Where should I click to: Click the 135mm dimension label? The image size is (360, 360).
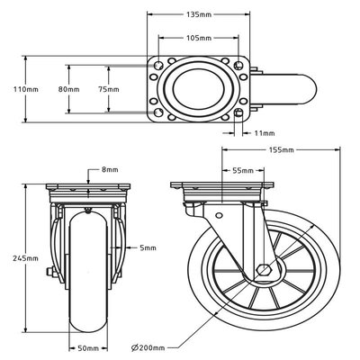click(199, 14)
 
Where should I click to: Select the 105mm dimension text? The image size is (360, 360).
click(198, 39)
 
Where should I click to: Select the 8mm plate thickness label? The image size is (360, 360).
click(110, 168)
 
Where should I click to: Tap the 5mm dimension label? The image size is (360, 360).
click(148, 247)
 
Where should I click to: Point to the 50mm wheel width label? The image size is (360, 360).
click(87, 347)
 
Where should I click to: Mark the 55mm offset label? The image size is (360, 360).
click(242, 169)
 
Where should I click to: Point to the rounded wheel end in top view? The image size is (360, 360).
click(301, 90)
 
